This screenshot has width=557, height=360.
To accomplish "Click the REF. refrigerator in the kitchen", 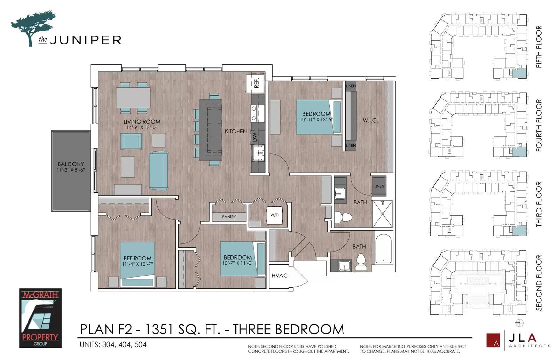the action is point(255,83).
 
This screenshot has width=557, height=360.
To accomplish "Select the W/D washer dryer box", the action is point(275,215).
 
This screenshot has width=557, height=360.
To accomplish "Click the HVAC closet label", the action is point(279,275).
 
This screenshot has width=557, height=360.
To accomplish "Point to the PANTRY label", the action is point(229,217).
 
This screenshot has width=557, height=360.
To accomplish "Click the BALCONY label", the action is point(71,164).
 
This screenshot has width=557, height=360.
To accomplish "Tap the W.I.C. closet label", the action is point(370,121).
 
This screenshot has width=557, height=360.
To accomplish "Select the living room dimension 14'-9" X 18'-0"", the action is point(142,128).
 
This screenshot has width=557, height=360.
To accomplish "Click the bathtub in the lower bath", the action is point(383,249).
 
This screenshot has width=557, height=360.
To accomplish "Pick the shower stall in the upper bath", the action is point(383,214).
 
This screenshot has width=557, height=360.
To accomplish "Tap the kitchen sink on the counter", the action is point(258,153).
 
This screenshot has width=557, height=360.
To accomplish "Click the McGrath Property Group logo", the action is point(40,318).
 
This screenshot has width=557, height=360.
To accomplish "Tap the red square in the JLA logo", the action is point(493,340).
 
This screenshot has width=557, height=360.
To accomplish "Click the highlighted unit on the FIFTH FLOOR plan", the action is point(519,73).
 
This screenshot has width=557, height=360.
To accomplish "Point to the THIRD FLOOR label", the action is point(539,204).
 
